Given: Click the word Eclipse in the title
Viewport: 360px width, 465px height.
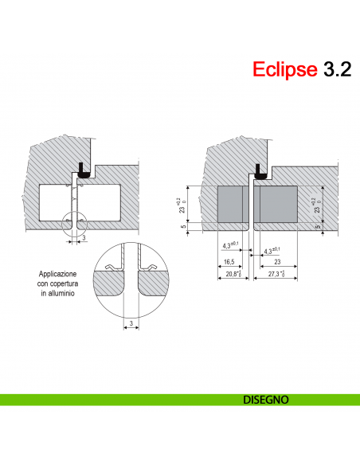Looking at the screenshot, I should click(284, 69).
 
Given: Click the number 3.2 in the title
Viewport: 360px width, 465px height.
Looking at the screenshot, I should click(335, 69).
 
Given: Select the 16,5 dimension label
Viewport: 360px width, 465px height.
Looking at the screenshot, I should click(228, 262).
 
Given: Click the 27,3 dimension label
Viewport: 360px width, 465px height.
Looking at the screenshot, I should click(276, 274).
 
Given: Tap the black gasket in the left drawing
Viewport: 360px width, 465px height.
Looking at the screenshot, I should click(82, 170).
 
